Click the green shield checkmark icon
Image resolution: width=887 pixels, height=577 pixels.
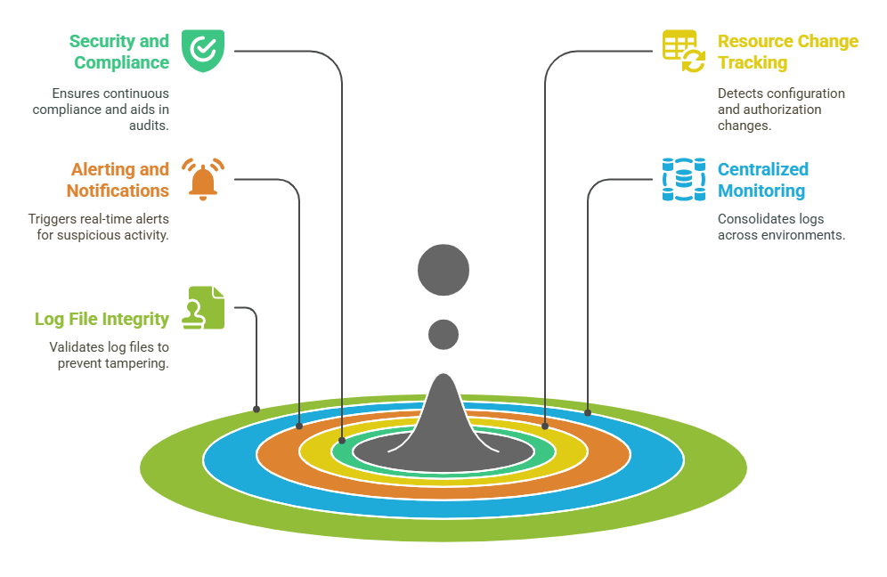203,50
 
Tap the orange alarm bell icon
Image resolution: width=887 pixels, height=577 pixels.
203,180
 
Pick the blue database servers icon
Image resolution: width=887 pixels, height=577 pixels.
682,180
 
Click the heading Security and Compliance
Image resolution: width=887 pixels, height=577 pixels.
119,52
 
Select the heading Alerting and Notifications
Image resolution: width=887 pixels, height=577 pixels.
118,180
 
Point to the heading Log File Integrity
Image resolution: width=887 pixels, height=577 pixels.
102,319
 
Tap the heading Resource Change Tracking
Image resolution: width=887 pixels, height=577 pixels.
787,52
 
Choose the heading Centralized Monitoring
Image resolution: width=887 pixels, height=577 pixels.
763,180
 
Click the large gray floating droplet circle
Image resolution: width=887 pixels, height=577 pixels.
443,269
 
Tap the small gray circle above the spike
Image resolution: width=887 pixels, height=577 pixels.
443,335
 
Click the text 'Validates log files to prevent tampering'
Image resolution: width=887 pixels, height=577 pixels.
109,355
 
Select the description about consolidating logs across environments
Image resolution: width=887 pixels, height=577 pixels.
781,227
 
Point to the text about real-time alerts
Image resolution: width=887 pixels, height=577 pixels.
98,227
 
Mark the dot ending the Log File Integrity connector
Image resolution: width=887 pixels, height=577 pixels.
256,410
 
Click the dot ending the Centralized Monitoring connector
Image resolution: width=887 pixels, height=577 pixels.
588,412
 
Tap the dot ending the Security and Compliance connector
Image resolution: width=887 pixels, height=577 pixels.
342,440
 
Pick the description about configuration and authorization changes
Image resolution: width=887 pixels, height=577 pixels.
781,110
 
